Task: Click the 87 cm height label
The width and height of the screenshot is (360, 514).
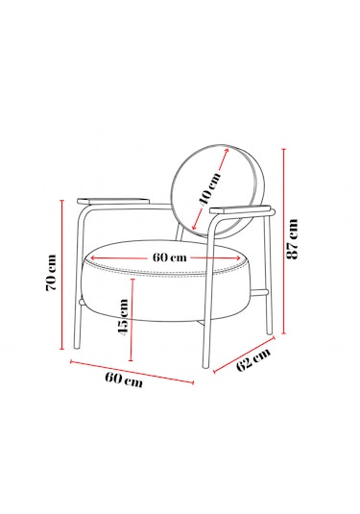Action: pyautogui.click(x=292, y=238)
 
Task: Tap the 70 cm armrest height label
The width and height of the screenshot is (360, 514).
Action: pyautogui.click(x=51, y=273)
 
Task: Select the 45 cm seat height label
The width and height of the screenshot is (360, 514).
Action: pyautogui.click(x=123, y=316)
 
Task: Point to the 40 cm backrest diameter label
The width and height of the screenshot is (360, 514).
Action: pyautogui.click(x=210, y=188)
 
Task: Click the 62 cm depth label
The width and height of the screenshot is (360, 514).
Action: pyautogui.click(x=253, y=359)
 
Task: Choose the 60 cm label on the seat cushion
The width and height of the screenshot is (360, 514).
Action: pyautogui.click(x=170, y=257)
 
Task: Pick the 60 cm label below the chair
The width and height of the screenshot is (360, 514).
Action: pyautogui.click(x=124, y=379)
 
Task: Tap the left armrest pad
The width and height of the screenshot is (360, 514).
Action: pyautogui.click(x=113, y=201)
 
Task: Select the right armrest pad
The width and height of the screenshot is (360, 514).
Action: pyautogui.click(x=240, y=209)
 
